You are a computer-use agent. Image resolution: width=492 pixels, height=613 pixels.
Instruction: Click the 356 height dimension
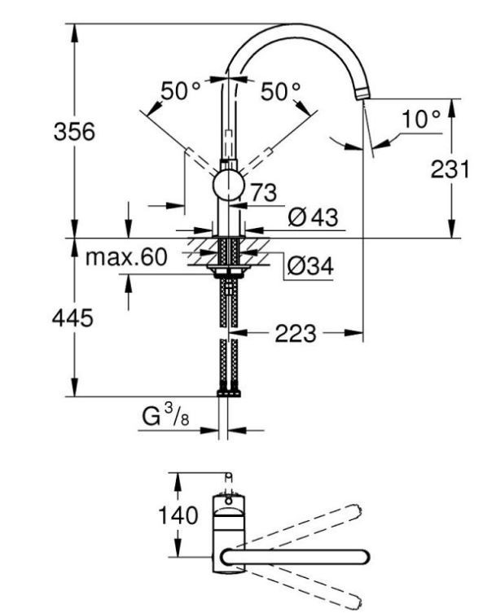pos(74,131)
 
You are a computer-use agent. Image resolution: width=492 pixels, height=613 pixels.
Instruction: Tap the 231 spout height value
pos(450,169)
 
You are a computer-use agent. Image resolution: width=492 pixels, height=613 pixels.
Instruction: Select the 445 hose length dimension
pos(72,317)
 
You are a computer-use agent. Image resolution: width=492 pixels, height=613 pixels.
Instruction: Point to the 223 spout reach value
pos(295,334)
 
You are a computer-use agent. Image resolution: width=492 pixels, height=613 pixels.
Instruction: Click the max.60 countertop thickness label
pos(126,257)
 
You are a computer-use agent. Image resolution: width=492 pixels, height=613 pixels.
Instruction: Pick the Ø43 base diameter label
pos(313,217)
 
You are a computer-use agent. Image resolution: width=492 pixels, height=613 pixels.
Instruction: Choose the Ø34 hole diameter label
pos(310,266)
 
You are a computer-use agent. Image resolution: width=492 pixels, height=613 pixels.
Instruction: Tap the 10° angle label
pos(421,119)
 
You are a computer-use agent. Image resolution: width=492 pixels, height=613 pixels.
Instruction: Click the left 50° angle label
pos(180,91)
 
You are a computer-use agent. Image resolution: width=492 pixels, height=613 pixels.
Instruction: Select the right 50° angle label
pos(281,92)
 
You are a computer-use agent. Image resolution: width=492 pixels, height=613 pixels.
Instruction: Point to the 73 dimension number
pos(264,192)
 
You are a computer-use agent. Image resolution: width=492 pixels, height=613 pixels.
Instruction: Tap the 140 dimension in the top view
pos(178,514)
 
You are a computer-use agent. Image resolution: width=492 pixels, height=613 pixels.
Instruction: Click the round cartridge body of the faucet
pos(228,186)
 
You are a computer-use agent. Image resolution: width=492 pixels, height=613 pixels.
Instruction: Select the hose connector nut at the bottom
pos(229,392)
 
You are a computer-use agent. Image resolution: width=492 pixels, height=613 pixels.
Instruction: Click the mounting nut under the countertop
pos(229,270)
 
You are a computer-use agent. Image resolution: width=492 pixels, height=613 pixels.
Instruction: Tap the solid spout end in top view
pos(363,557)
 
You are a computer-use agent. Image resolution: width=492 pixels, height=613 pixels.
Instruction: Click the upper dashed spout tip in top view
pos(355,510)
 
